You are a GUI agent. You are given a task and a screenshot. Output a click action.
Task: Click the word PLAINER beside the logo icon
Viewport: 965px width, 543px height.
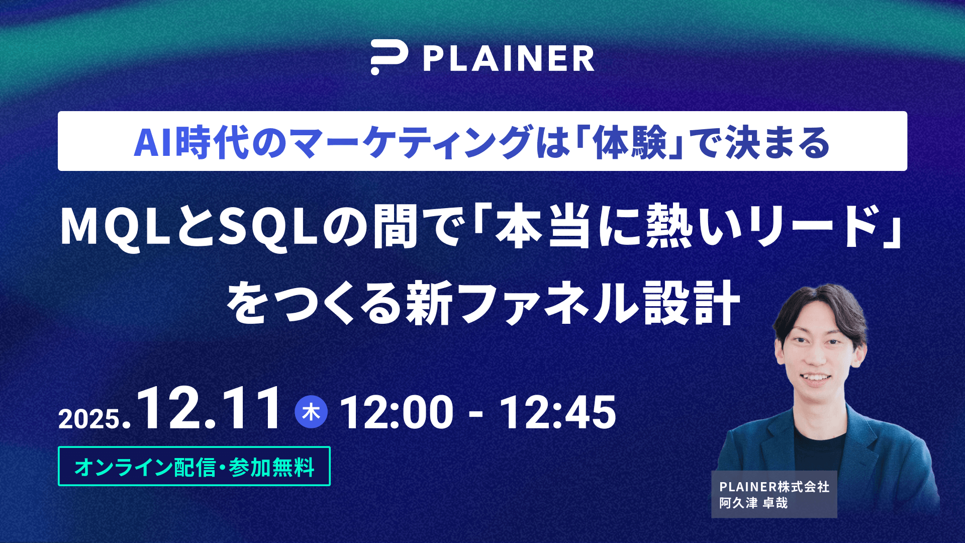[x=509, y=59]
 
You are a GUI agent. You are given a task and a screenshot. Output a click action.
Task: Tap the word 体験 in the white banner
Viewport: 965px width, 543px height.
[x=629, y=143]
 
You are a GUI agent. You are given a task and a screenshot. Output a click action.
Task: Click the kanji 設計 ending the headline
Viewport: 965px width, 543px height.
[x=692, y=303]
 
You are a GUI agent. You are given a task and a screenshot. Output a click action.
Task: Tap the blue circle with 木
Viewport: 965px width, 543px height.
[x=311, y=412]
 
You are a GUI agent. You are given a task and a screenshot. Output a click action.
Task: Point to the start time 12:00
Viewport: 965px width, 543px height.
[x=397, y=412]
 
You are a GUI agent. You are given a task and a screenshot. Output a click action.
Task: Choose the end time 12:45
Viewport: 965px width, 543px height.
[x=557, y=412]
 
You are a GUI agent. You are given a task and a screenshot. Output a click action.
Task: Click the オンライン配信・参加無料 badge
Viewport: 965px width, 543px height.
[x=194, y=466]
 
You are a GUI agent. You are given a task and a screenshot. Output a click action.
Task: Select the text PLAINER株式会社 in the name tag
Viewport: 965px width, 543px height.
[x=774, y=487]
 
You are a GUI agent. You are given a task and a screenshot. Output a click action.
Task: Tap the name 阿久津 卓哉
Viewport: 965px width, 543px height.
[x=753, y=503]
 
